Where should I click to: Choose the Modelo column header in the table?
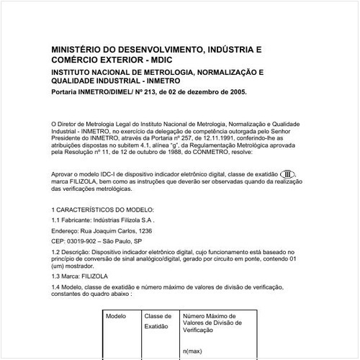click(116, 316)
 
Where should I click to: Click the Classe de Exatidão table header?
click(158, 321)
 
